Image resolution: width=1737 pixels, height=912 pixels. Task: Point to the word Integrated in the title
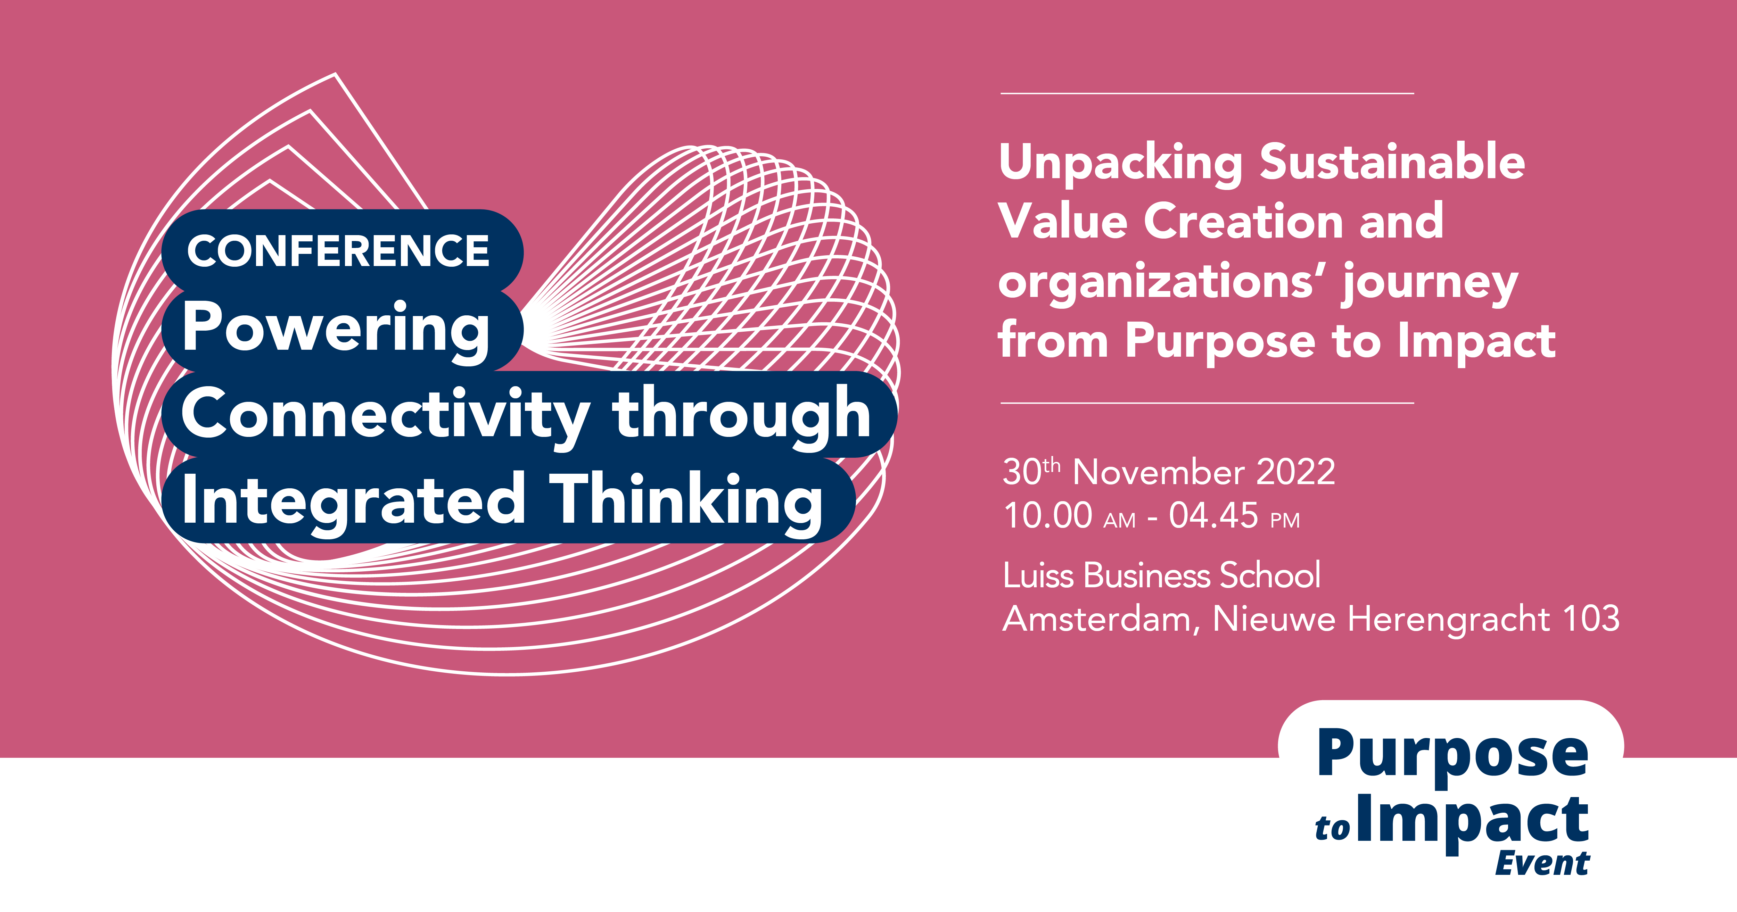tap(353, 502)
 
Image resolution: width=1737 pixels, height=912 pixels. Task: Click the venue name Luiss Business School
tap(1161, 576)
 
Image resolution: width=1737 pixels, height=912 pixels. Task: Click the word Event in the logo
tap(1542, 863)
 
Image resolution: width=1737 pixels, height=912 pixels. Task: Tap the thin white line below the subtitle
tap(1207, 403)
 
